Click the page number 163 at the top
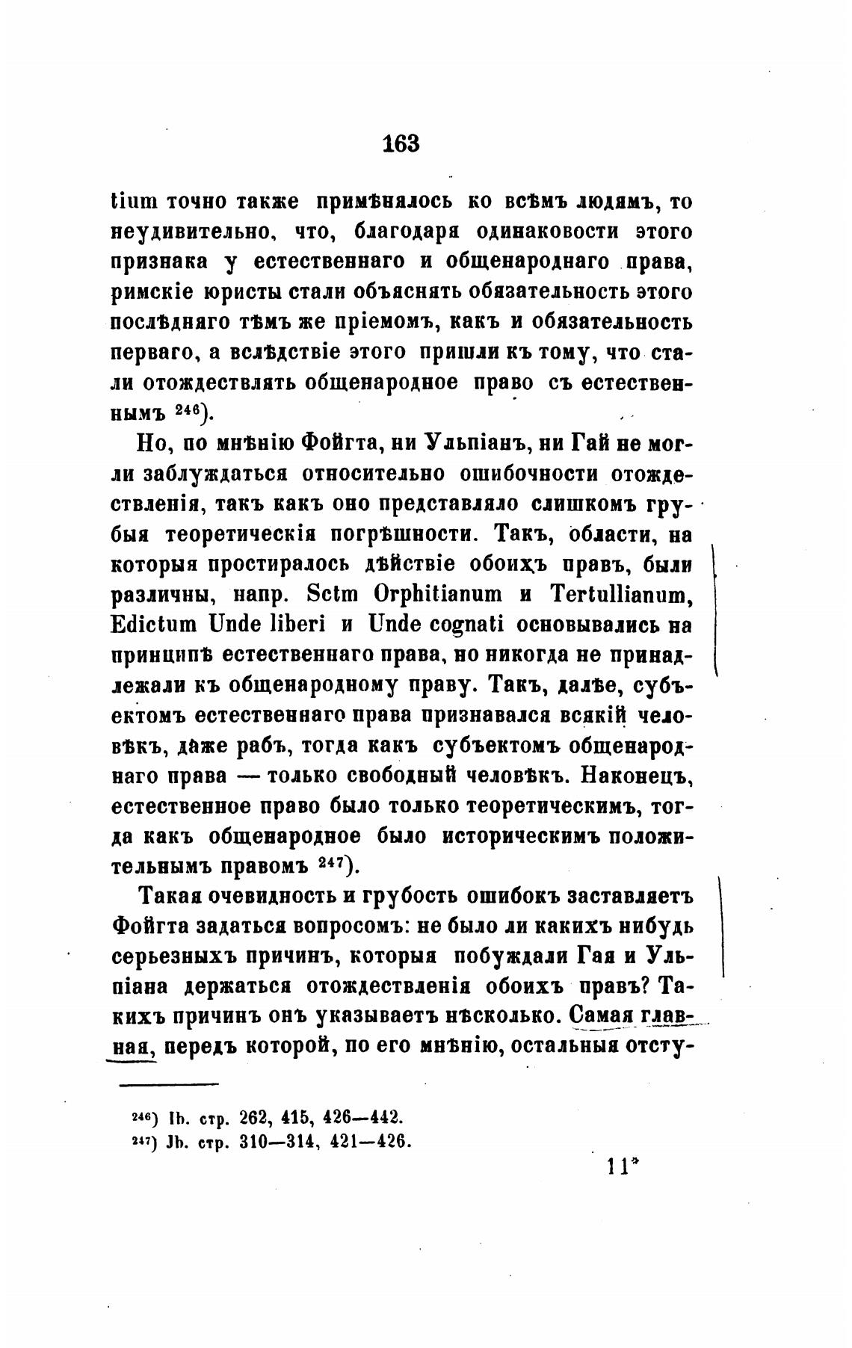401,143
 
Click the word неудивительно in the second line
195,232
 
